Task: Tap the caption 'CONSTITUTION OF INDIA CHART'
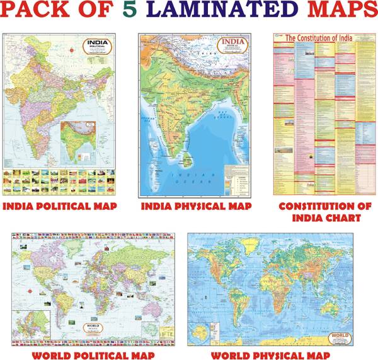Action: [321, 212]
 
